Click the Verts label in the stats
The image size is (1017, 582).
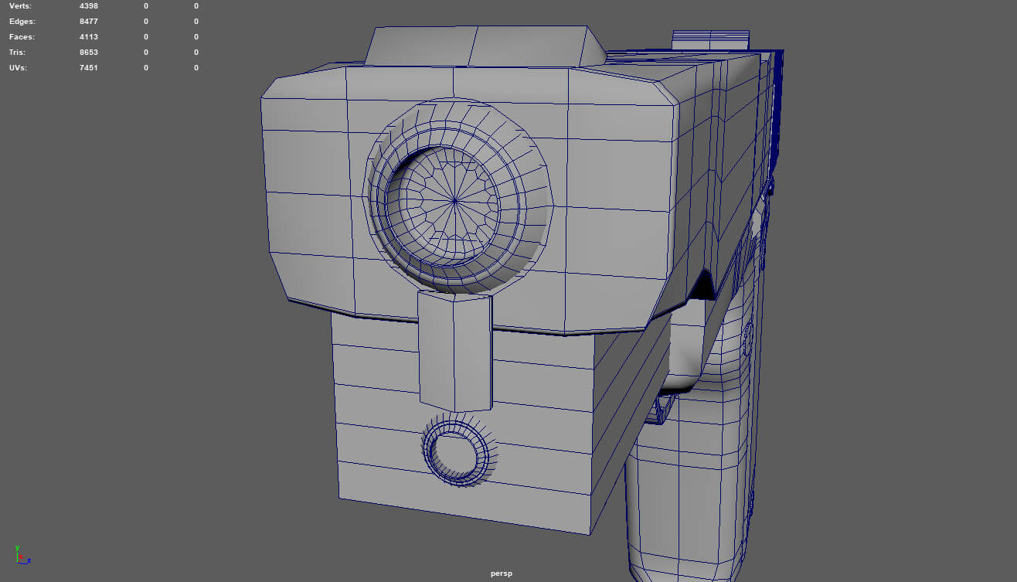(21, 6)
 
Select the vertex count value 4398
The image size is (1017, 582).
(89, 6)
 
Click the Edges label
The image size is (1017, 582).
(22, 22)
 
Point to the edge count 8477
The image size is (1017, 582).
(89, 22)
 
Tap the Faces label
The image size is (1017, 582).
(22, 37)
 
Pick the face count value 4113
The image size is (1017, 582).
(89, 37)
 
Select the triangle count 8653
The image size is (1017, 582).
(89, 53)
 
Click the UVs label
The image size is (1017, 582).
(19, 68)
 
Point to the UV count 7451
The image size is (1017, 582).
(89, 68)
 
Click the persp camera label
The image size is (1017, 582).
(502, 573)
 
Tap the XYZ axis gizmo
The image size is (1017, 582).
(20, 555)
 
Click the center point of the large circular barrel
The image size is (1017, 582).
(454, 202)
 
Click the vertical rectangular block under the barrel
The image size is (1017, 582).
(455, 352)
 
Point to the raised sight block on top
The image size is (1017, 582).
(485, 46)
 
